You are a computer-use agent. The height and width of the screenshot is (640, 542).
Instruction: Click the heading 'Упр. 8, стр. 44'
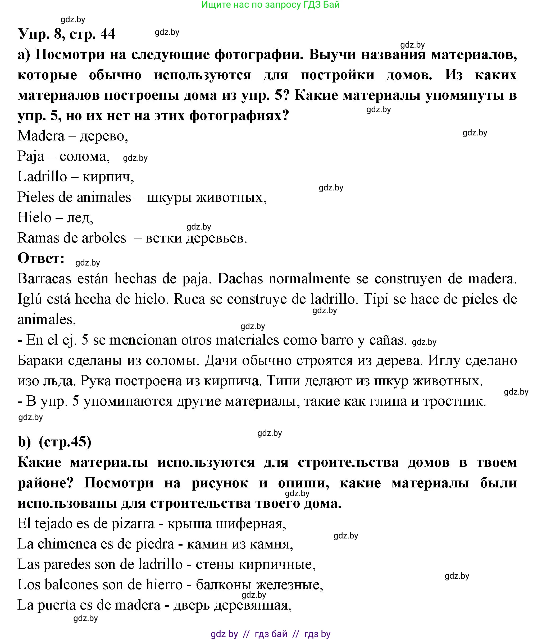67,34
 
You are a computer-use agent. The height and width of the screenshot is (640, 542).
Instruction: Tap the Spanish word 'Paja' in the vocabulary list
31,156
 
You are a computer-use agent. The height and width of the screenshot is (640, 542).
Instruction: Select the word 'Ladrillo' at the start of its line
42,177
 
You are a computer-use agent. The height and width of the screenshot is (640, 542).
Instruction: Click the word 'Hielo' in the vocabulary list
34,218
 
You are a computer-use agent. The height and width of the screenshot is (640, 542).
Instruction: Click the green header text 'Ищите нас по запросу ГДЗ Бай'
270,4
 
